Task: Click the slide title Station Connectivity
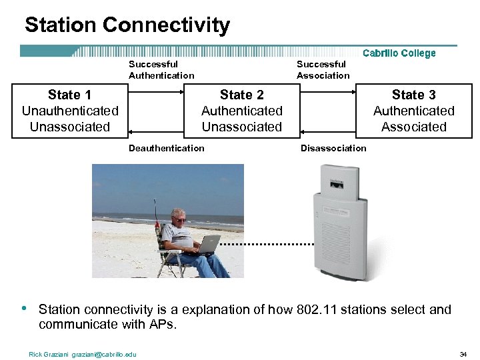[x=127, y=25]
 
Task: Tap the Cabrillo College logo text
[x=399, y=53]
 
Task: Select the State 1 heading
[x=70, y=95]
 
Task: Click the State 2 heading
[x=241, y=95]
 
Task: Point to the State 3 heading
[x=413, y=95]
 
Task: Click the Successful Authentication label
[x=161, y=70]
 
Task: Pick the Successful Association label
[x=323, y=70]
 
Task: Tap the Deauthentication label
[x=167, y=148]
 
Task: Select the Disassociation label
[x=333, y=148]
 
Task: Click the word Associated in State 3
[x=413, y=127]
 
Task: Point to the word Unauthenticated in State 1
[x=70, y=111]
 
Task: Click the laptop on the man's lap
[x=208, y=245]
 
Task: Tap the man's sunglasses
[x=179, y=219]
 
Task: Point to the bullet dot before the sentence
[x=24, y=309]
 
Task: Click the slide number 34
[x=463, y=354]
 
